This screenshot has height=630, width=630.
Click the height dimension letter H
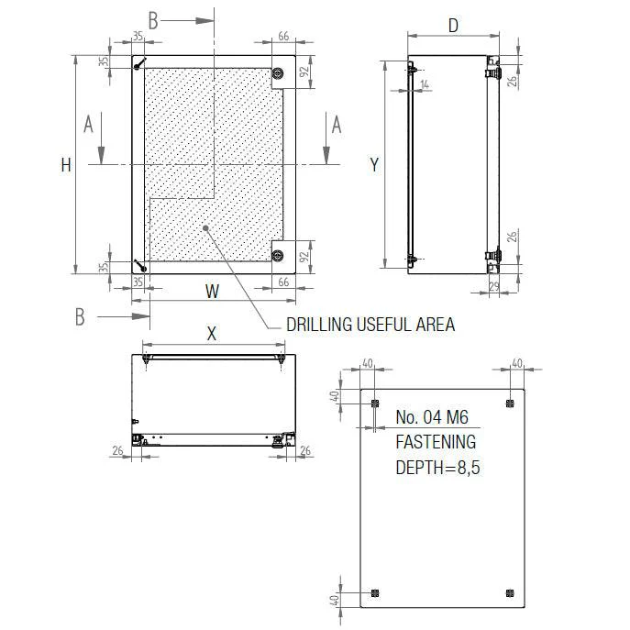coord(65,165)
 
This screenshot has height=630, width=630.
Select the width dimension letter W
coord(212,292)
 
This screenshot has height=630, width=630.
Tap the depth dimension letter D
coord(453,26)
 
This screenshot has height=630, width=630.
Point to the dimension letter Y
coord(374,165)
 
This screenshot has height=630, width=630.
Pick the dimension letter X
coord(212,334)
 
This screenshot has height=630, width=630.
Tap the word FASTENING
coord(436,442)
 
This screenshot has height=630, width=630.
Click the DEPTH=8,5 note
coord(437,467)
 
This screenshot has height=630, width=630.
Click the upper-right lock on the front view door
coord(279,73)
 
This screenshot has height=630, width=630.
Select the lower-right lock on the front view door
coord(279,254)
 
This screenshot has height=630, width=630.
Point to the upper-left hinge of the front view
coord(138,64)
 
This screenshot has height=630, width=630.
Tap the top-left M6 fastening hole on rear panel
coord(374,403)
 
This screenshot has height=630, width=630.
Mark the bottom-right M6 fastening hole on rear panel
coord(510,593)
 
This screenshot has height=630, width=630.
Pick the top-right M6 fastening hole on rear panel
coord(510,403)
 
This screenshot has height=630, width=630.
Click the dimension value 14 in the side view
coord(423,84)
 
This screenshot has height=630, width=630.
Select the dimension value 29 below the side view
coord(494,288)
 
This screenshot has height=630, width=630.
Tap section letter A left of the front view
coord(89,125)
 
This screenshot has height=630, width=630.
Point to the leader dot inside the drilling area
coord(206,228)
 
